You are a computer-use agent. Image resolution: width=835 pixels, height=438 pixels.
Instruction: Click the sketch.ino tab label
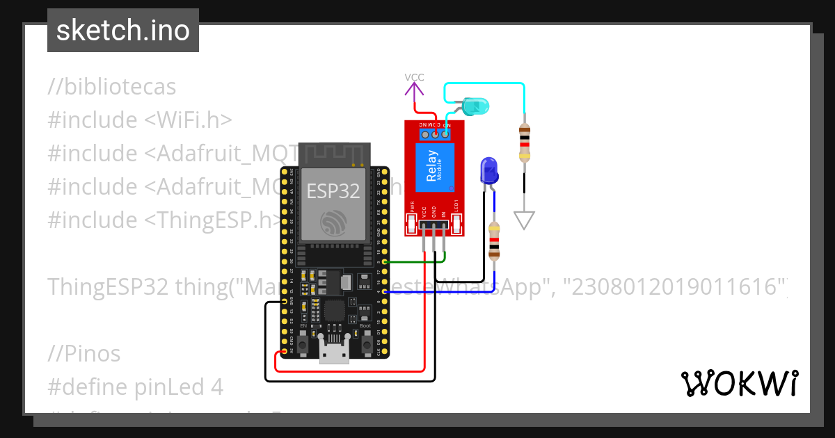click(x=122, y=31)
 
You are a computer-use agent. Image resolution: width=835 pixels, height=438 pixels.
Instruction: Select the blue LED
click(x=488, y=171)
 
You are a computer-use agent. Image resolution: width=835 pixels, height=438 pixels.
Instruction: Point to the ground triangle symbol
click(x=525, y=220)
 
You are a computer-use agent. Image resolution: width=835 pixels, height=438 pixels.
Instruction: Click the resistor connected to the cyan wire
click(x=524, y=143)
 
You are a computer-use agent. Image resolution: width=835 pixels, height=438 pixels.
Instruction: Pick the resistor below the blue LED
click(x=494, y=241)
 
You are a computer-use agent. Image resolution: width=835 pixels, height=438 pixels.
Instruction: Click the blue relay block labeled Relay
click(x=435, y=168)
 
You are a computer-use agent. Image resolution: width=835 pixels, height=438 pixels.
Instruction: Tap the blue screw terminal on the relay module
click(x=435, y=132)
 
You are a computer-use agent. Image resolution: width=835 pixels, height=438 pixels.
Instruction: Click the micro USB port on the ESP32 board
click(x=334, y=352)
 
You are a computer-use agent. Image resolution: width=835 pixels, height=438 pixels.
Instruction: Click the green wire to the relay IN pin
click(x=411, y=262)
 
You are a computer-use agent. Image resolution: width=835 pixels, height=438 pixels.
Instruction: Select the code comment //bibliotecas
click(x=112, y=87)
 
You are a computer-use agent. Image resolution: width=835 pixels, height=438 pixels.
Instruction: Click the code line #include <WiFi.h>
click(x=139, y=120)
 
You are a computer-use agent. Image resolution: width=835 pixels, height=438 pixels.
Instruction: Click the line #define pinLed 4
click(x=136, y=387)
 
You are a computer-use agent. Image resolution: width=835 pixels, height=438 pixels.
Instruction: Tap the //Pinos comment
click(x=84, y=353)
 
